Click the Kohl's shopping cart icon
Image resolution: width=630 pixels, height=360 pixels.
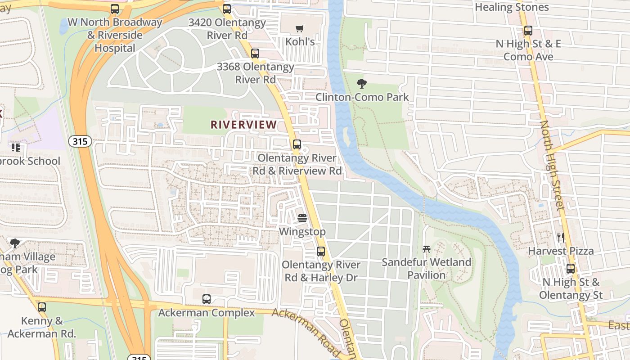click(300, 29)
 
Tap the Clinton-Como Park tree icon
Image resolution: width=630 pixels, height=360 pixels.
click(361, 84)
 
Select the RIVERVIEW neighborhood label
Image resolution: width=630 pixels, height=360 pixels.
click(244, 125)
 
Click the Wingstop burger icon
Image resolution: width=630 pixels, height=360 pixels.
click(302, 219)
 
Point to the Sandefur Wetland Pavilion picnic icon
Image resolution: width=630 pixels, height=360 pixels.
click(427, 249)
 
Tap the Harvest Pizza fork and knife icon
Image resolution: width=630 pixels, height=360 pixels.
click(561, 238)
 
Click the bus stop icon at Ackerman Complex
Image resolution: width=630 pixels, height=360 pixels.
click(207, 299)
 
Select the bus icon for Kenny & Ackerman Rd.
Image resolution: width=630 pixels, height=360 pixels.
click(42, 307)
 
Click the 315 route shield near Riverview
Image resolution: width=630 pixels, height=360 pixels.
click(81, 141)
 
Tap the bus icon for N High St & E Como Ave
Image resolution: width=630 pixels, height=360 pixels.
click(528, 31)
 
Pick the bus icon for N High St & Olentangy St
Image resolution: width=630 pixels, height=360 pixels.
click(571, 269)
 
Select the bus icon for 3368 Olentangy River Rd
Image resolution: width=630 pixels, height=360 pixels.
click(255, 54)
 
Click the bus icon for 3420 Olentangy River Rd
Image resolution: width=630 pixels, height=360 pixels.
click(227, 9)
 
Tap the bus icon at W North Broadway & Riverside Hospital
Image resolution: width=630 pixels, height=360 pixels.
click(115, 9)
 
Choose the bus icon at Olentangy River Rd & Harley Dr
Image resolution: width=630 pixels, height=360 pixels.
click(321, 252)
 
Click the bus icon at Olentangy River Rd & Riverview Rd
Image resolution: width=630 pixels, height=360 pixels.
click(297, 144)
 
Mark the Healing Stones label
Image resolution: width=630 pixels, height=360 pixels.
click(512, 7)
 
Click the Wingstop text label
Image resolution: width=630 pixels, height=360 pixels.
click(302, 232)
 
